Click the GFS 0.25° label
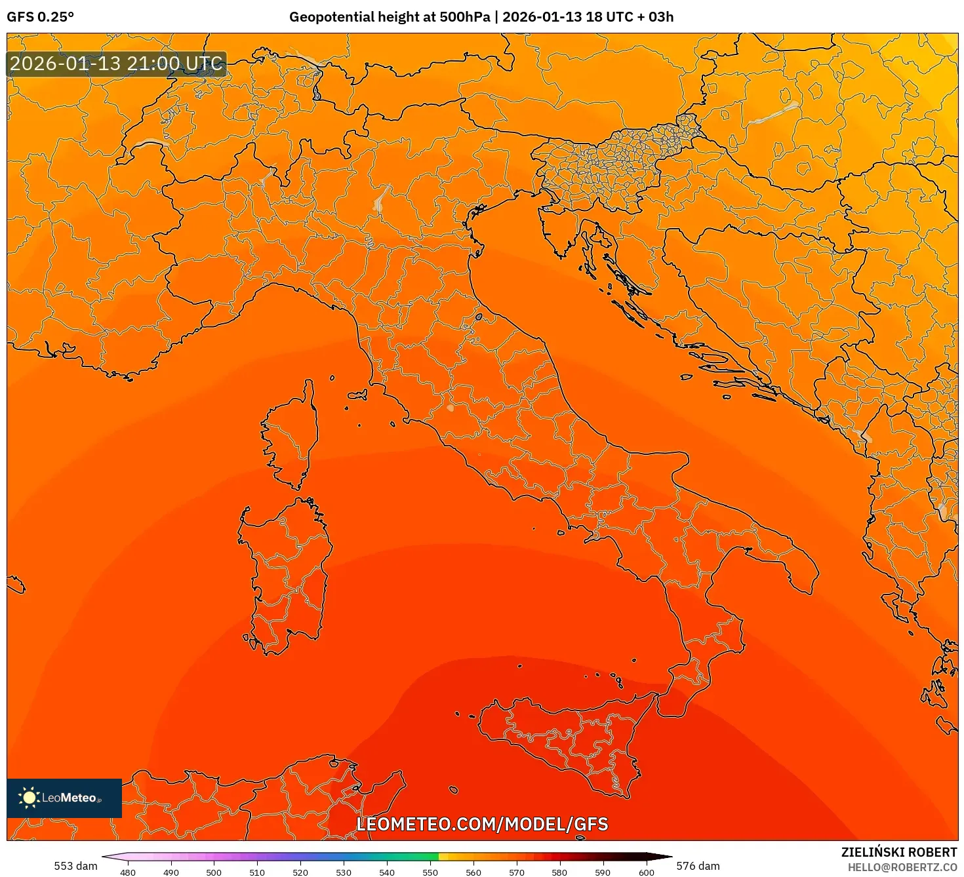coord(40,17)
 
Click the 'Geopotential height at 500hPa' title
coord(390,17)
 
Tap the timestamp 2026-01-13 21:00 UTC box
coord(116,64)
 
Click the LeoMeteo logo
coord(64,798)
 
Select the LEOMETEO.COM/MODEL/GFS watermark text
coord(482,824)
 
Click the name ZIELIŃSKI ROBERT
coord(899,852)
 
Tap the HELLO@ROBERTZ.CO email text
coord(902,867)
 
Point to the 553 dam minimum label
coord(75,866)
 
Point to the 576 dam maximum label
coord(698,866)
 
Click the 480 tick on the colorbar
coord(128,872)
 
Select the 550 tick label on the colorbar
coord(430,872)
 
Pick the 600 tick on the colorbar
coord(646,872)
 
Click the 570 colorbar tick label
coord(516,872)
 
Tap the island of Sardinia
coord(287,570)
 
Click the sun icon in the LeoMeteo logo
coord(29,797)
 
